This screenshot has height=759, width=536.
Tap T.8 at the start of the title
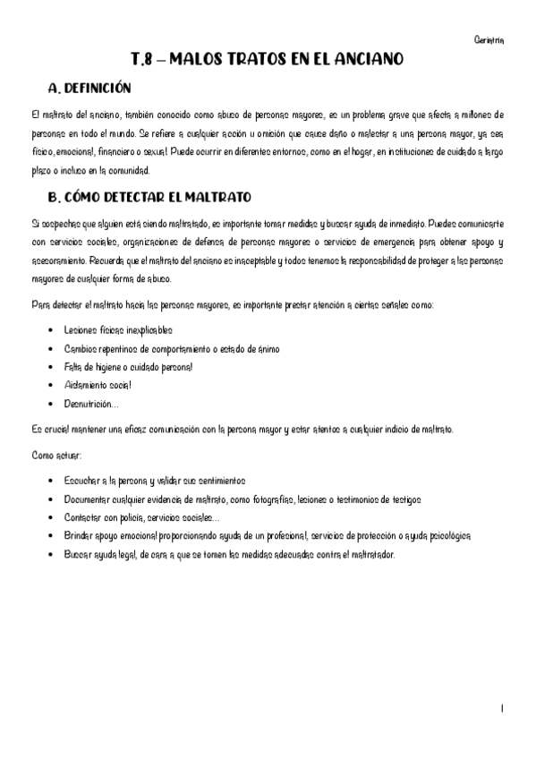coord(142,60)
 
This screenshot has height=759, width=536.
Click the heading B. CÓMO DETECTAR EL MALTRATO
coord(149,196)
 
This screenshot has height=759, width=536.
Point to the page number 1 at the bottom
coord(502,708)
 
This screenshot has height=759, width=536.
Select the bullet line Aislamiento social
coord(98,384)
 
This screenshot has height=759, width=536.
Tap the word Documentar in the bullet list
coord(89,499)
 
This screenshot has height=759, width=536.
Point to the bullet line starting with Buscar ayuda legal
coord(229,553)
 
